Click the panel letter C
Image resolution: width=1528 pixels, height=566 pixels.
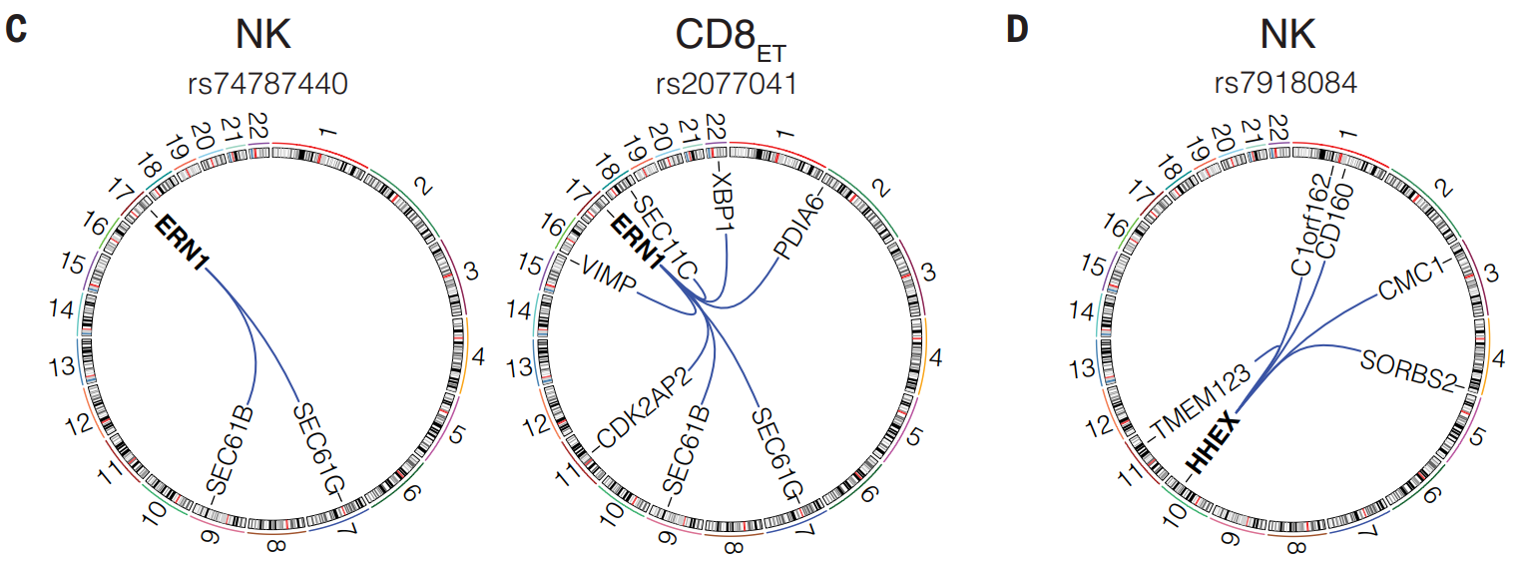click(16, 29)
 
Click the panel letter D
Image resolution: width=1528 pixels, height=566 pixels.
click(1017, 29)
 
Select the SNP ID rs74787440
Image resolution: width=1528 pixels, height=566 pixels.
click(267, 84)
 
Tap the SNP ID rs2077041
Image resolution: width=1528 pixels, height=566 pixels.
click(726, 84)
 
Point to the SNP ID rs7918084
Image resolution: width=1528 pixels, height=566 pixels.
click(1286, 84)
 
